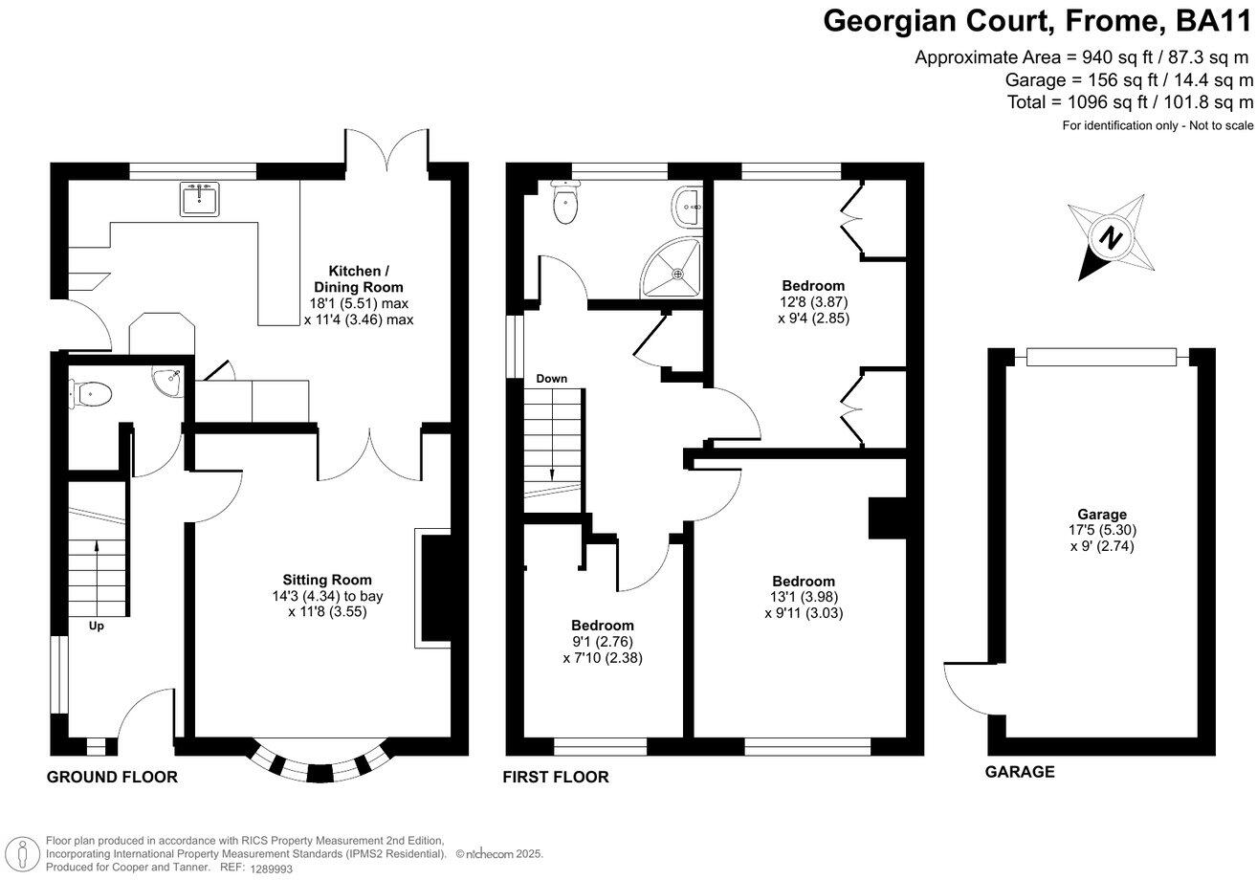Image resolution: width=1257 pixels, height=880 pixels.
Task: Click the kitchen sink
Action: (200, 199)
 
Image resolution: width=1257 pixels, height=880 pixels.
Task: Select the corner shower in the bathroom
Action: (673, 268)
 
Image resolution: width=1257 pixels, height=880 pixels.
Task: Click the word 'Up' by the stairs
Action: (96, 626)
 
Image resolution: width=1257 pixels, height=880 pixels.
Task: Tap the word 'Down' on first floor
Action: (551, 379)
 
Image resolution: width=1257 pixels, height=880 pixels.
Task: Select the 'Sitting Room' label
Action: (327, 580)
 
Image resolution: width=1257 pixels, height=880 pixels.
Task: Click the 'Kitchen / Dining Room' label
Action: (359, 279)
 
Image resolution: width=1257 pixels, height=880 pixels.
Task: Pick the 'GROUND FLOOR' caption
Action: (112, 777)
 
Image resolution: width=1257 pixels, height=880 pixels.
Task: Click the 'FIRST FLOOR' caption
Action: (556, 777)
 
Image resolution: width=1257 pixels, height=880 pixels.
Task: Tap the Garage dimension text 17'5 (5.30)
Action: (1102, 530)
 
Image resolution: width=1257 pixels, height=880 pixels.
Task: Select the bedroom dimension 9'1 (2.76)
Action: (602, 642)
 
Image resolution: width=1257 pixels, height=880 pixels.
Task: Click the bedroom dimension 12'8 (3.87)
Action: (814, 302)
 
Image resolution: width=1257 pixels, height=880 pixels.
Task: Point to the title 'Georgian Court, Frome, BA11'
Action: (1038, 22)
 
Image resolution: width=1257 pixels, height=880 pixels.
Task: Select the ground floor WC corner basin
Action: (167, 383)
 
